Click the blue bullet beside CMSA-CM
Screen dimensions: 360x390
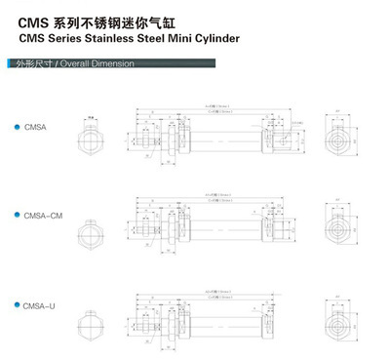pyautogui.click(x=17, y=213)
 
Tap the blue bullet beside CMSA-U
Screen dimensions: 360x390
pyautogui.click(x=17, y=305)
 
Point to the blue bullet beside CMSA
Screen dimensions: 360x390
pyautogui.click(x=17, y=127)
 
